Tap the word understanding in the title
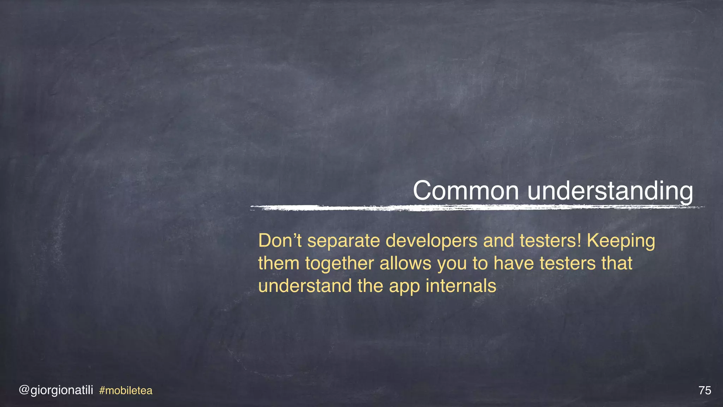[x=610, y=191]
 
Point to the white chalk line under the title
[x=477, y=208]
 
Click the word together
[x=340, y=264]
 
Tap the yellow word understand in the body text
[x=305, y=286]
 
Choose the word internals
[x=461, y=286]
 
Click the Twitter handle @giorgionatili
[x=56, y=390]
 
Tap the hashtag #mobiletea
[x=126, y=390]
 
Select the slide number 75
[x=705, y=390]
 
